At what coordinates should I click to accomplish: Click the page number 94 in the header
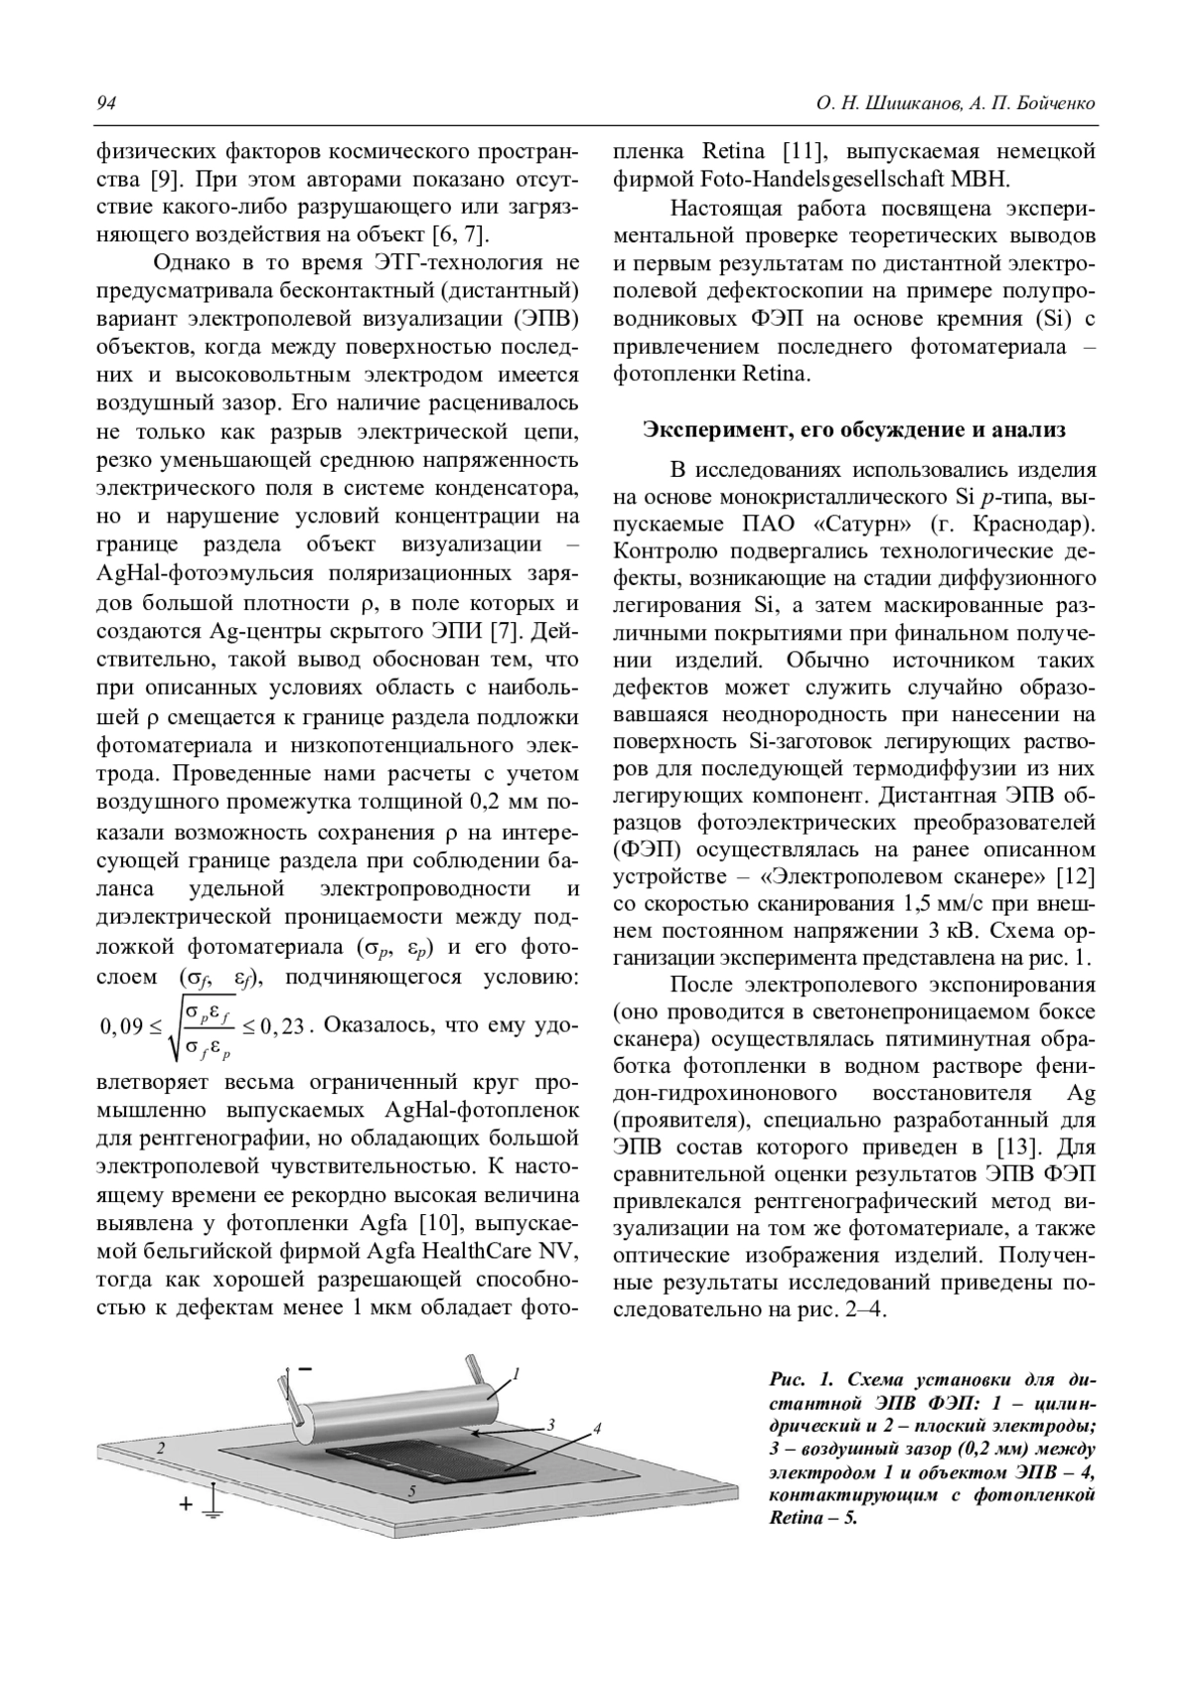tap(105, 104)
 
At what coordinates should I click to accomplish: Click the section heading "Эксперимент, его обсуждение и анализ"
tap(853, 430)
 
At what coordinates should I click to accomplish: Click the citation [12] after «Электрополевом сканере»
tap(1076, 876)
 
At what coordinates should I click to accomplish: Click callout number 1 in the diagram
tap(518, 1375)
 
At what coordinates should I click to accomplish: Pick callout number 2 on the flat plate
tap(160, 1450)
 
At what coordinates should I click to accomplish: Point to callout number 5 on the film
tap(412, 1491)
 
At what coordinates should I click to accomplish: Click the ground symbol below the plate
tap(213, 1506)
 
